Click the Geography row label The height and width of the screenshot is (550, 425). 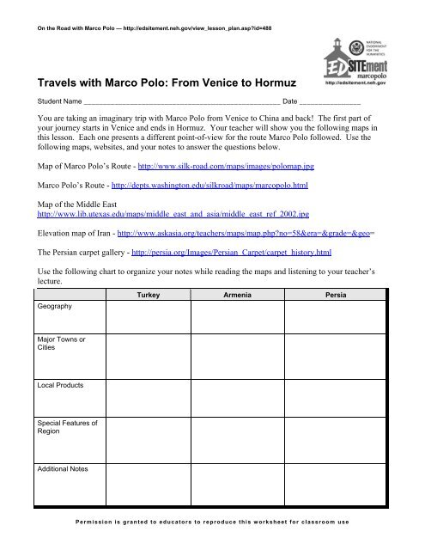pyautogui.click(x=54, y=305)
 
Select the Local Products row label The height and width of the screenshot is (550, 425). pyautogui.click(x=58, y=387)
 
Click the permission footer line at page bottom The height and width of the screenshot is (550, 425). pyautogui.click(x=212, y=522)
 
